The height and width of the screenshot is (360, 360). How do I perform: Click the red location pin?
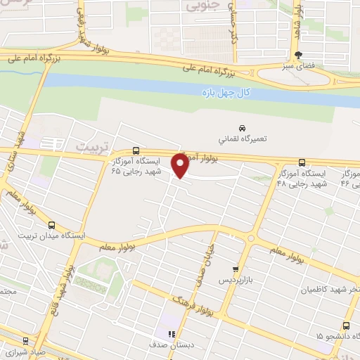pos(180,166)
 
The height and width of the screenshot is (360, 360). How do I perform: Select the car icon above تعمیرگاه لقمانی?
pos(242,129)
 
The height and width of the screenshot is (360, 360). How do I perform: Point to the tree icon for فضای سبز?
pos(299,55)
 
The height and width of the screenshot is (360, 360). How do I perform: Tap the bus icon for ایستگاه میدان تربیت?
pos(52,225)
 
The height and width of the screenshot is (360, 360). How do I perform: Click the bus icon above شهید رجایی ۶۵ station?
pos(136,150)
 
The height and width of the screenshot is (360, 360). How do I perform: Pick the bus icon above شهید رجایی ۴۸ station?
pos(302,162)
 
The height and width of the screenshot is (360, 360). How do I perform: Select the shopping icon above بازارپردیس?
pos(236,269)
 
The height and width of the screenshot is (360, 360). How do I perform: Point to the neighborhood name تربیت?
pos(88,146)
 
